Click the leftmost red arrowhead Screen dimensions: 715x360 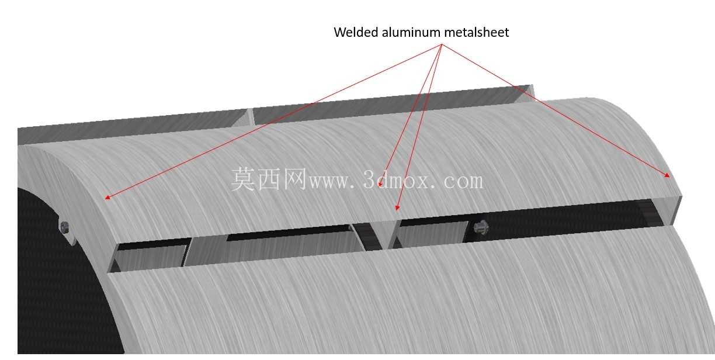tap(107, 198)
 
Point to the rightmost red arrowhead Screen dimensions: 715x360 tap(667, 175)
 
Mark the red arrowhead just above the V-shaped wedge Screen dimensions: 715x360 tap(397, 208)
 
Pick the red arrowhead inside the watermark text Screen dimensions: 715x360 tap(380, 184)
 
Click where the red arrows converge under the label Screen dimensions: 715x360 tap(442, 44)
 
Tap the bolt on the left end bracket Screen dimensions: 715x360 tap(64, 227)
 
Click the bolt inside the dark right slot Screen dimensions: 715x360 tap(481, 227)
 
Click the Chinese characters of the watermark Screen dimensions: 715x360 tap(269, 179)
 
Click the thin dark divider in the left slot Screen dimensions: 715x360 tap(187, 252)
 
